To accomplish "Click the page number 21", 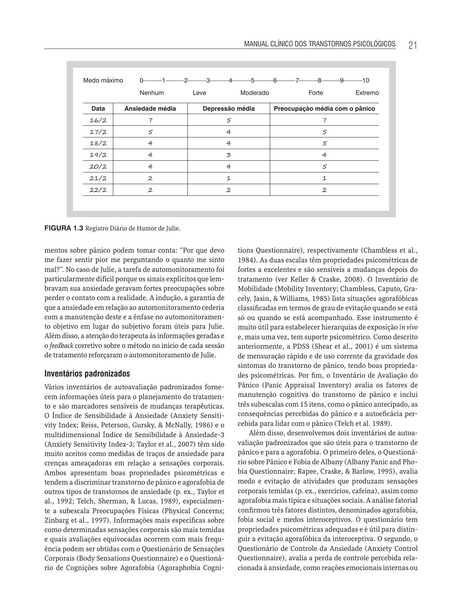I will coord(412,45).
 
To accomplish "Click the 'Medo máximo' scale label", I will coord(103,80).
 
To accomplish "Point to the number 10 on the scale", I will coord(365,80).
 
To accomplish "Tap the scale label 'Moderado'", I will coord(255,93).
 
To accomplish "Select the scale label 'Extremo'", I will coord(367,93).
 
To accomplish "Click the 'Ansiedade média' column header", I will coord(150,108).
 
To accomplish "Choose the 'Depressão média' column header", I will coord(228,108).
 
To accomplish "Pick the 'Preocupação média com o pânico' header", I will coord(324,108).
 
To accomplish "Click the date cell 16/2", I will coord(98,120).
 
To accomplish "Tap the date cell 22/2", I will coord(98,190).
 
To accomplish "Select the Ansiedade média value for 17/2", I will coord(150,132).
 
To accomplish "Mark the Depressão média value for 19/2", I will coord(228,155).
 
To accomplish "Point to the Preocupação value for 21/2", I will coord(324,178).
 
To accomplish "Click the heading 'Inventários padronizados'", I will coord(87,374).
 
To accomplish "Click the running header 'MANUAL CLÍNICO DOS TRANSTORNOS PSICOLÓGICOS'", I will coord(319,44).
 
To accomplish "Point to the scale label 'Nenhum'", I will coord(152,93).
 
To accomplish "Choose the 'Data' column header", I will coord(98,108).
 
